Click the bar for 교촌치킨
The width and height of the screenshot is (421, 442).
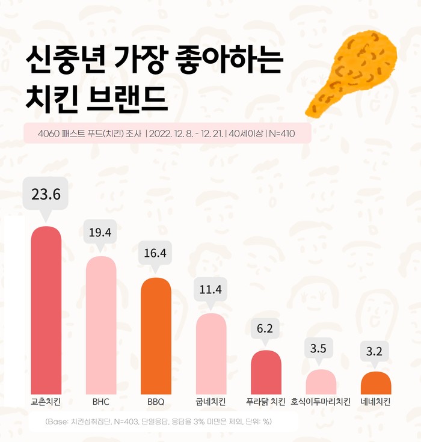tap(46, 310)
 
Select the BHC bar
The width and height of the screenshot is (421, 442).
tap(101, 325)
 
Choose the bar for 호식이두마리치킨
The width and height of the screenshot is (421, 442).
tap(321, 382)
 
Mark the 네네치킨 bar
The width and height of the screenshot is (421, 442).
tap(376, 383)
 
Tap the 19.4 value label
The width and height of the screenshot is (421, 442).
tap(101, 232)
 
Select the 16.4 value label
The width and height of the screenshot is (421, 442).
tap(155, 253)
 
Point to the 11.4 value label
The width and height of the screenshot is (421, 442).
tap(211, 289)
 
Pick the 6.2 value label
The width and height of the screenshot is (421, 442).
tap(266, 329)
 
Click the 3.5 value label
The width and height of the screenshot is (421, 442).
tap(321, 349)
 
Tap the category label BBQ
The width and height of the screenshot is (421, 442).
tap(156, 402)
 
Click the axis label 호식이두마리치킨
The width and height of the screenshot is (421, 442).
tap(321, 402)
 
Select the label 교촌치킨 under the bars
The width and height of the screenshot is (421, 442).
tap(46, 402)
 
